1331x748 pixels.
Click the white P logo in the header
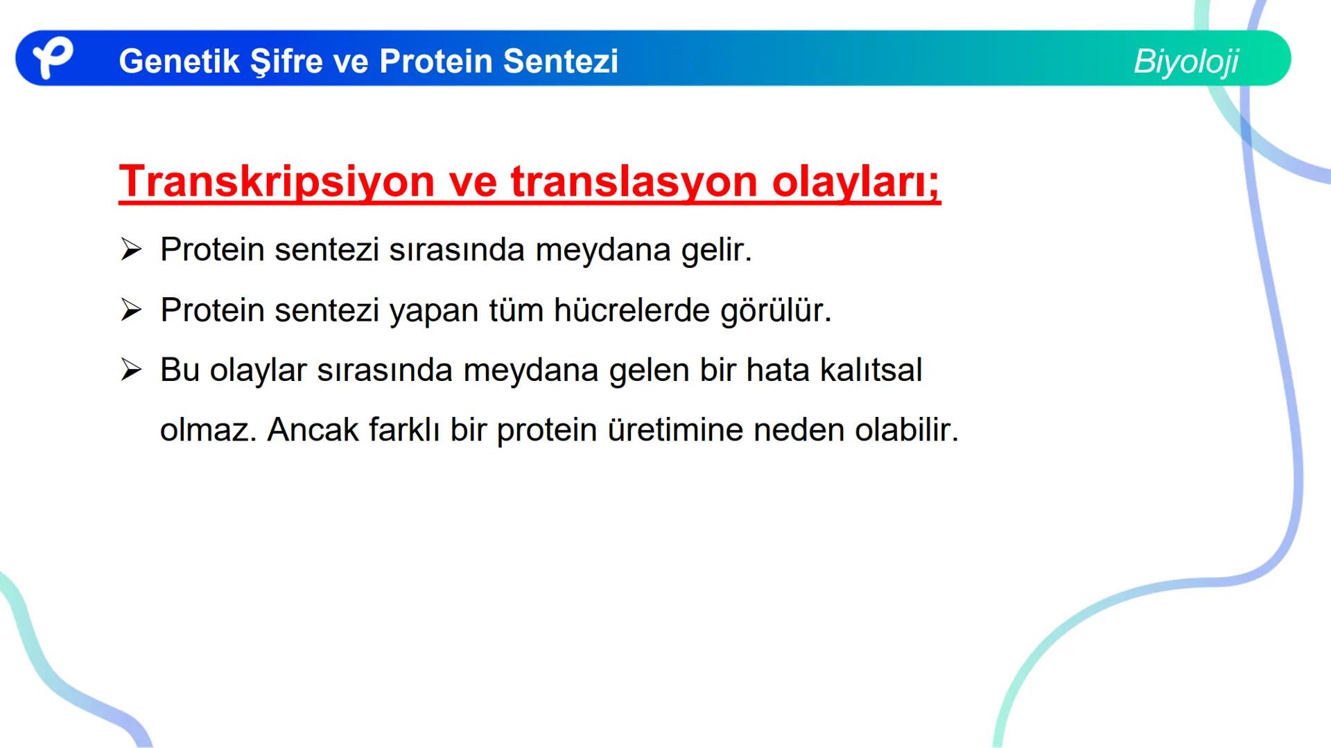click(x=53, y=58)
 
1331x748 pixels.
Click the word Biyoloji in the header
click(x=1186, y=61)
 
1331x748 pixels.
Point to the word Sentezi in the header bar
click(x=560, y=61)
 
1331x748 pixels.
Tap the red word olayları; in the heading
click(x=856, y=181)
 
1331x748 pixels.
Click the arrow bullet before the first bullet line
click(x=130, y=249)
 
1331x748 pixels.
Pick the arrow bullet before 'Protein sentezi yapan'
click(x=130, y=310)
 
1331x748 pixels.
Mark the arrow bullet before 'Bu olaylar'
click(x=130, y=370)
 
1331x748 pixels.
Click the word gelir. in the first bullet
click(x=717, y=249)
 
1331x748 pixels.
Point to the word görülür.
click(x=776, y=310)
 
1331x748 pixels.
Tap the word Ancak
click(x=313, y=430)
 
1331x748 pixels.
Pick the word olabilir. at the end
click(x=907, y=430)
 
